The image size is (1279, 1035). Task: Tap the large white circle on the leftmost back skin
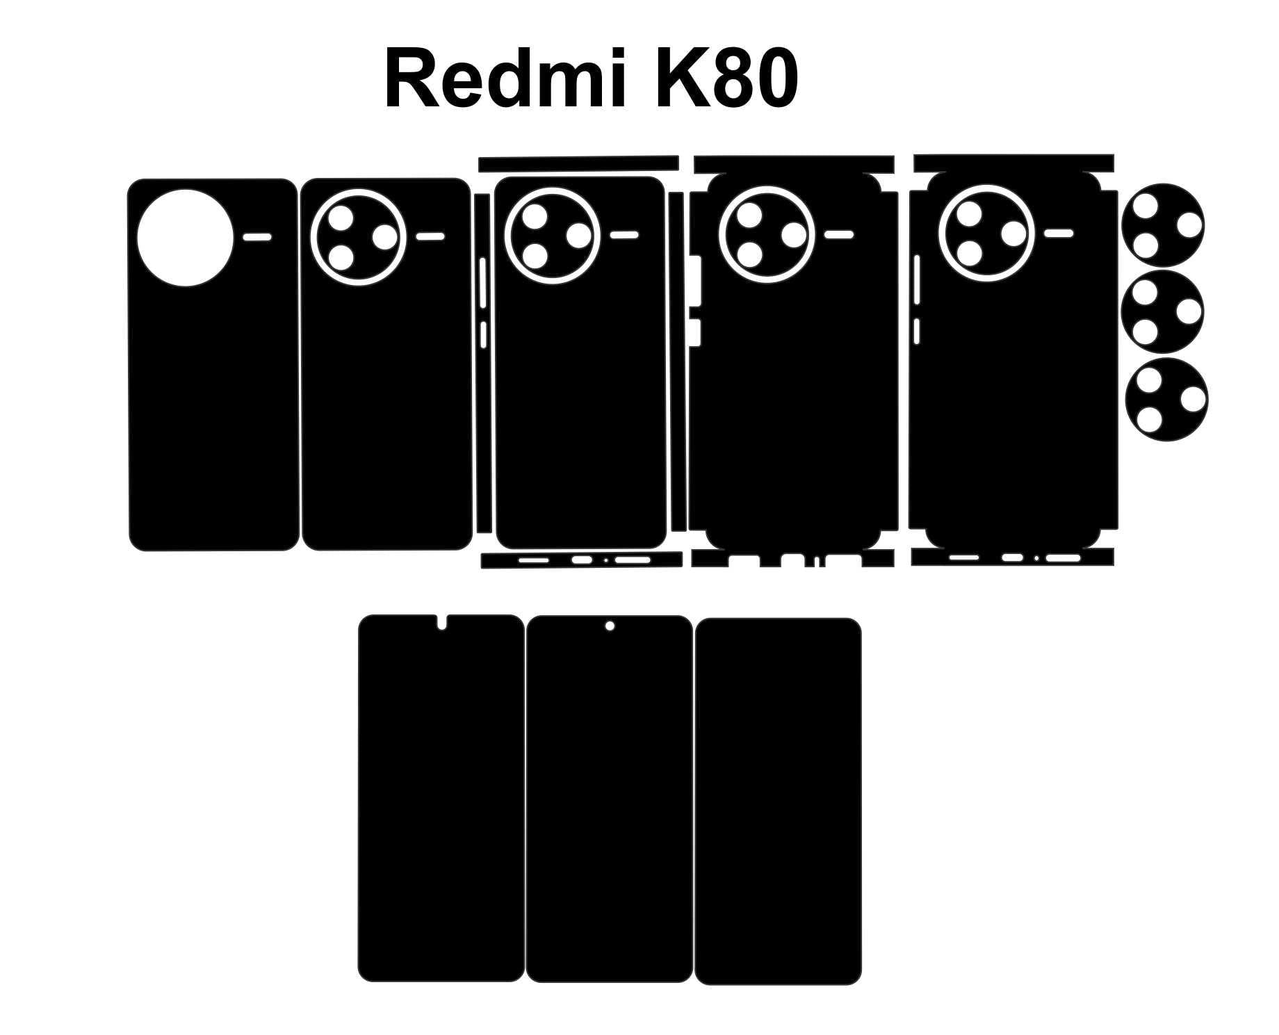click(186, 237)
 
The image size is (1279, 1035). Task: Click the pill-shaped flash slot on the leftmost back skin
click(257, 237)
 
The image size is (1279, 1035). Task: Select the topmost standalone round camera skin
click(1164, 225)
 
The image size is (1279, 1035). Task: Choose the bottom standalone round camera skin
click(1167, 400)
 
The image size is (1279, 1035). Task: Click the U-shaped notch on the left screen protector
click(441, 623)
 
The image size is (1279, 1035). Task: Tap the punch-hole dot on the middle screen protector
click(610, 626)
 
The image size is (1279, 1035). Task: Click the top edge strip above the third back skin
click(578, 163)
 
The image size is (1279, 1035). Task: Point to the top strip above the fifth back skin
click(1013, 163)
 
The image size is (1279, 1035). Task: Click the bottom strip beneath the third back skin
click(581, 560)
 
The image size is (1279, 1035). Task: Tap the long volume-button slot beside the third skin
click(483, 282)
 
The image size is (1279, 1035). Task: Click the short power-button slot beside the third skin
click(483, 334)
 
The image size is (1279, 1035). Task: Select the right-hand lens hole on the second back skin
click(384, 238)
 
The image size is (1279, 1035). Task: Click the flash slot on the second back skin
click(430, 237)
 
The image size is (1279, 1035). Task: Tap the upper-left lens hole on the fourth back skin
click(750, 215)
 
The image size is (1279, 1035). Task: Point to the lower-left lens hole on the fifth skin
click(969, 253)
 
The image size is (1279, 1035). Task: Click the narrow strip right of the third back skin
click(678, 361)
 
